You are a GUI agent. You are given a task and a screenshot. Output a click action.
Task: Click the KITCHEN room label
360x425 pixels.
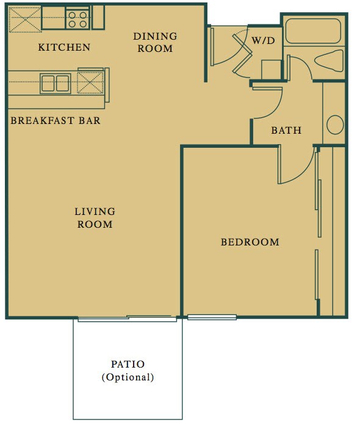[63, 47]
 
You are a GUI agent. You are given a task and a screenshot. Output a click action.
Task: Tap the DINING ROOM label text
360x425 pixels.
[155, 42]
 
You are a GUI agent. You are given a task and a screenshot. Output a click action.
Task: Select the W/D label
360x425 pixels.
[264, 40]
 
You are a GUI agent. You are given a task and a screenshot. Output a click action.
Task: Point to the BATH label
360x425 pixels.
[286, 130]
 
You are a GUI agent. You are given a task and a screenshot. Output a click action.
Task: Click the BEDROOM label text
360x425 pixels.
[250, 242]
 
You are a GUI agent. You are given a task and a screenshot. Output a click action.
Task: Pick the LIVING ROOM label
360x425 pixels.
[95, 218]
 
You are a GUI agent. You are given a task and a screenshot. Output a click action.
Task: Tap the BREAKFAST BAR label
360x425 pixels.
[56, 120]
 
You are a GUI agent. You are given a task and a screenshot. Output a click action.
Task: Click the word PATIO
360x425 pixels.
[128, 365]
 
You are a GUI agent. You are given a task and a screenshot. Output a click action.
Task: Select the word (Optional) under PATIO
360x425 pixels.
[128, 377]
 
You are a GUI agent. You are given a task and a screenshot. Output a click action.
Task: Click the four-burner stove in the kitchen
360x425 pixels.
[77, 19]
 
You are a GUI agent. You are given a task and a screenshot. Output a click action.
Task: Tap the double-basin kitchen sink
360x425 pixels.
[55, 82]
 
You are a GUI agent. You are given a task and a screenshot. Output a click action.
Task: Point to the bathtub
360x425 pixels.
[313, 31]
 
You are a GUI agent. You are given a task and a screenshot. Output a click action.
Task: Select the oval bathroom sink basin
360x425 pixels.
[335, 125]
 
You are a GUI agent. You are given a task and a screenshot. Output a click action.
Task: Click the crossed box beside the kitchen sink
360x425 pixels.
[90, 84]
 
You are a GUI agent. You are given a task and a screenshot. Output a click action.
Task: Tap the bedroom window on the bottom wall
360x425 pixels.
[211, 317]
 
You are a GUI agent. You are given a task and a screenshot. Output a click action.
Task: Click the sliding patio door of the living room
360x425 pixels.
[127, 318]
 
